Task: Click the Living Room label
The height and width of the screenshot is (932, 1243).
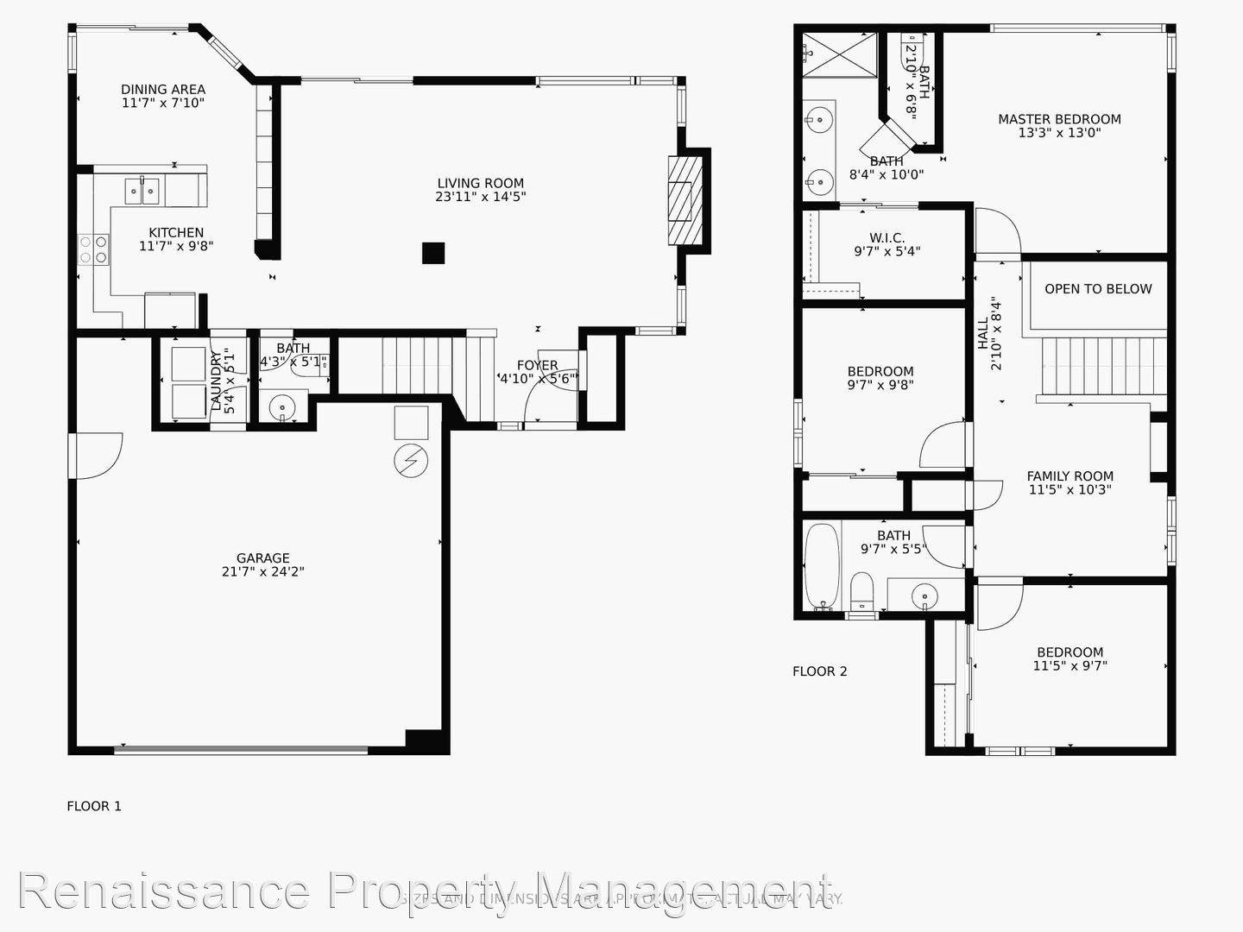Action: tap(480, 183)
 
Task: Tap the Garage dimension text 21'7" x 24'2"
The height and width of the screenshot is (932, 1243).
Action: tap(262, 571)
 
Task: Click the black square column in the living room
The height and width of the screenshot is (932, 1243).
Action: tap(433, 253)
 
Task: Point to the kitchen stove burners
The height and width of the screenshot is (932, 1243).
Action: tap(94, 249)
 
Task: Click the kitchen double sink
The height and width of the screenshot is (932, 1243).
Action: tap(143, 191)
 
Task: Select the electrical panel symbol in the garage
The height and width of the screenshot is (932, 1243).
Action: tap(411, 460)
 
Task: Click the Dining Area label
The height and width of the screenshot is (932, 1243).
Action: tap(163, 89)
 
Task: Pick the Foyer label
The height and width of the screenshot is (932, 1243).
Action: tap(537, 365)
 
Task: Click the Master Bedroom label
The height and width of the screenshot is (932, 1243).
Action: tap(1059, 119)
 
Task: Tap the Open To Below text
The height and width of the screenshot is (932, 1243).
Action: tap(1098, 289)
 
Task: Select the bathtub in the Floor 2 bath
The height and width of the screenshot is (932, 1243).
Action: tap(822, 565)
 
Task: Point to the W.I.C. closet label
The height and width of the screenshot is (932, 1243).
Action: tap(887, 237)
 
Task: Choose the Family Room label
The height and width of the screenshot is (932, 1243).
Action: tap(1069, 475)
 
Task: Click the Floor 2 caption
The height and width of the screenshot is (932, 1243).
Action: tap(820, 671)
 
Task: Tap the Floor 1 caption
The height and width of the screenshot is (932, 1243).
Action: tap(94, 806)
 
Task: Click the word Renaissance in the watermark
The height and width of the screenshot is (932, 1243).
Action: tap(163, 891)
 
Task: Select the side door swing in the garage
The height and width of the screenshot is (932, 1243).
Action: tap(97, 454)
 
